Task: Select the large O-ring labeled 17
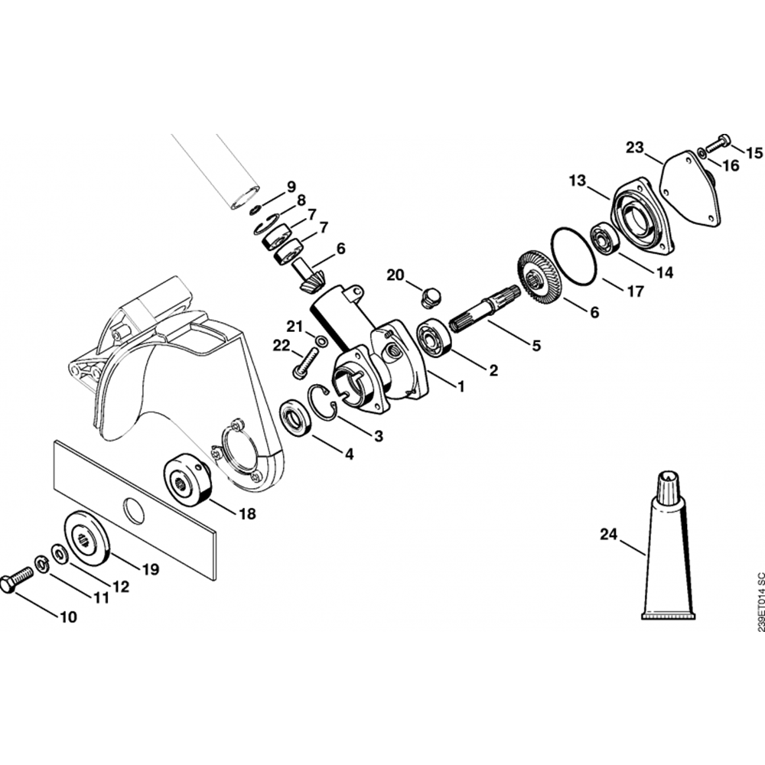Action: pos(574,256)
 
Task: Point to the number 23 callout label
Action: pos(635,148)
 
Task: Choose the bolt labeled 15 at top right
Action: pos(720,142)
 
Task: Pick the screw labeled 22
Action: pos(304,362)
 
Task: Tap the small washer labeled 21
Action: pos(321,340)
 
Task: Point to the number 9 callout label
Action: pos(291,187)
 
